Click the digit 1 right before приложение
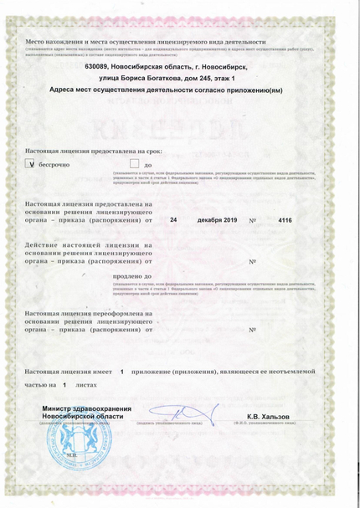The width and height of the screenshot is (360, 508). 122,369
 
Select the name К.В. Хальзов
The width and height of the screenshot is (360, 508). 267,416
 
